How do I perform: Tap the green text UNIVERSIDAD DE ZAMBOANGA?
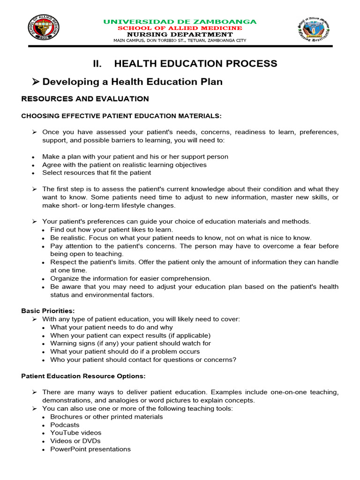coord(180,22)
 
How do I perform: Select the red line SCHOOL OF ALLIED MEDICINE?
coord(180,28)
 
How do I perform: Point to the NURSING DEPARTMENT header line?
coord(180,34)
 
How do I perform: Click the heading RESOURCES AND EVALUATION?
coord(85,99)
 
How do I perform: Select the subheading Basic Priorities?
coord(48,311)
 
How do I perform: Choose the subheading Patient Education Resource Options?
coord(83,376)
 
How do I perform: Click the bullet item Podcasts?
coord(65,425)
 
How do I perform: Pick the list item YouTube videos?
coord(75,433)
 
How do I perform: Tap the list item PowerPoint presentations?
coord(90,449)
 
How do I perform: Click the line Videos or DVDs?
coord(75,441)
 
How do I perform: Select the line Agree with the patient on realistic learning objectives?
coord(124,165)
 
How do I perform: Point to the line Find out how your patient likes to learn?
coord(112,230)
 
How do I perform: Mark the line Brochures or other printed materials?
coord(106,417)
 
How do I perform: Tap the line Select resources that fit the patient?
coord(97,172)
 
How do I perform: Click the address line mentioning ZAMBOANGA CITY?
coord(180,40)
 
